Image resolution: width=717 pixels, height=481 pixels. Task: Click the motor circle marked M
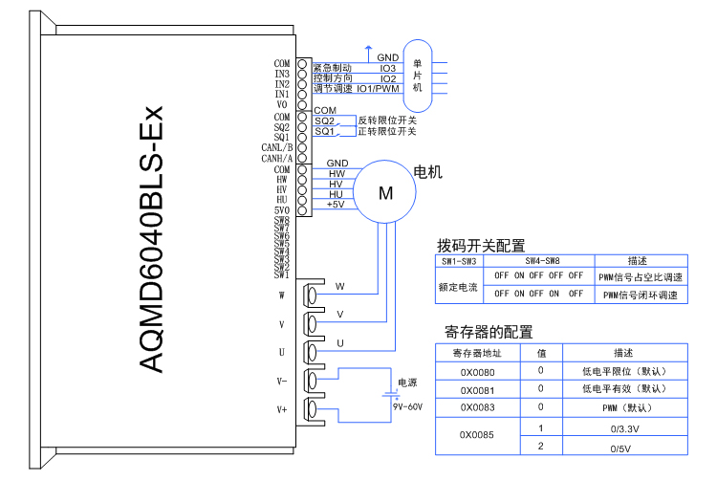coord(386,192)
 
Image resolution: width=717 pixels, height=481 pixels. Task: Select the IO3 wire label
coord(388,69)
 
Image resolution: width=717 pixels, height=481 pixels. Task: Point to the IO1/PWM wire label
coord(379,89)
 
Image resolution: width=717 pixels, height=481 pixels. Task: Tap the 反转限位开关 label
coord(387,120)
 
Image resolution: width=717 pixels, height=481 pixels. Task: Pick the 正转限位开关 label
coord(387,132)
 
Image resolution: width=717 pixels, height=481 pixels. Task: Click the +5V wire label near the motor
coord(336,204)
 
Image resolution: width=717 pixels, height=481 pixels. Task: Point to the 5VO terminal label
coord(281,209)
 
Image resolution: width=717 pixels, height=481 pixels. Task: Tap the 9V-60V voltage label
coord(407,406)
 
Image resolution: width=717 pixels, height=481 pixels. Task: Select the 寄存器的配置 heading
coord(489,332)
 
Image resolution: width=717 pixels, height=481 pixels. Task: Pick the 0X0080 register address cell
coord(478,370)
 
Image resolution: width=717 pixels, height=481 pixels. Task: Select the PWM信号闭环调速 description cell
coord(640,295)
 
